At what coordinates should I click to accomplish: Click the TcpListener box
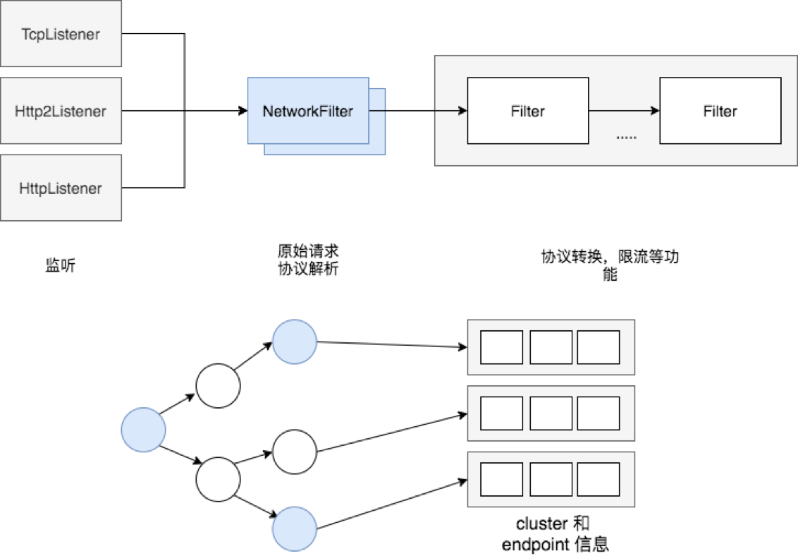click(61, 34)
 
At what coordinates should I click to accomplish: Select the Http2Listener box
click(61, 111)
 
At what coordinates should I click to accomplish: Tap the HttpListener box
click(61, 188)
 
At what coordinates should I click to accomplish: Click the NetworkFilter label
click(307, 111)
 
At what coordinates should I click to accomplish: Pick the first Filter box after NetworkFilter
click(527, 111)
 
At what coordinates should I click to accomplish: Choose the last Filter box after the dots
click(720, 111)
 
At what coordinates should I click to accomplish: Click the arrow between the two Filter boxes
click(624, 111)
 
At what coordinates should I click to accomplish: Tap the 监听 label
click(60, 266)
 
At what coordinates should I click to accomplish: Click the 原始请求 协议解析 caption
click(308, 260)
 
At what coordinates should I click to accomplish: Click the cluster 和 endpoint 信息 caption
click(555, 533)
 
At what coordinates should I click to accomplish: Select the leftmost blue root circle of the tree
click(143, 430)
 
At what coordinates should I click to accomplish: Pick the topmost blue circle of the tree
click(295, 341)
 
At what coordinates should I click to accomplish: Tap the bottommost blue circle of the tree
click(295, 528)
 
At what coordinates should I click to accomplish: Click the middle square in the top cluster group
click(551, 347)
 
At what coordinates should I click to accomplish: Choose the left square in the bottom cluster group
click(501, 479)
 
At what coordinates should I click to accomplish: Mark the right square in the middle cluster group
click(598, 413)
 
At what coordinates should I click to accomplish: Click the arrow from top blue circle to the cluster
click(392, 344)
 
